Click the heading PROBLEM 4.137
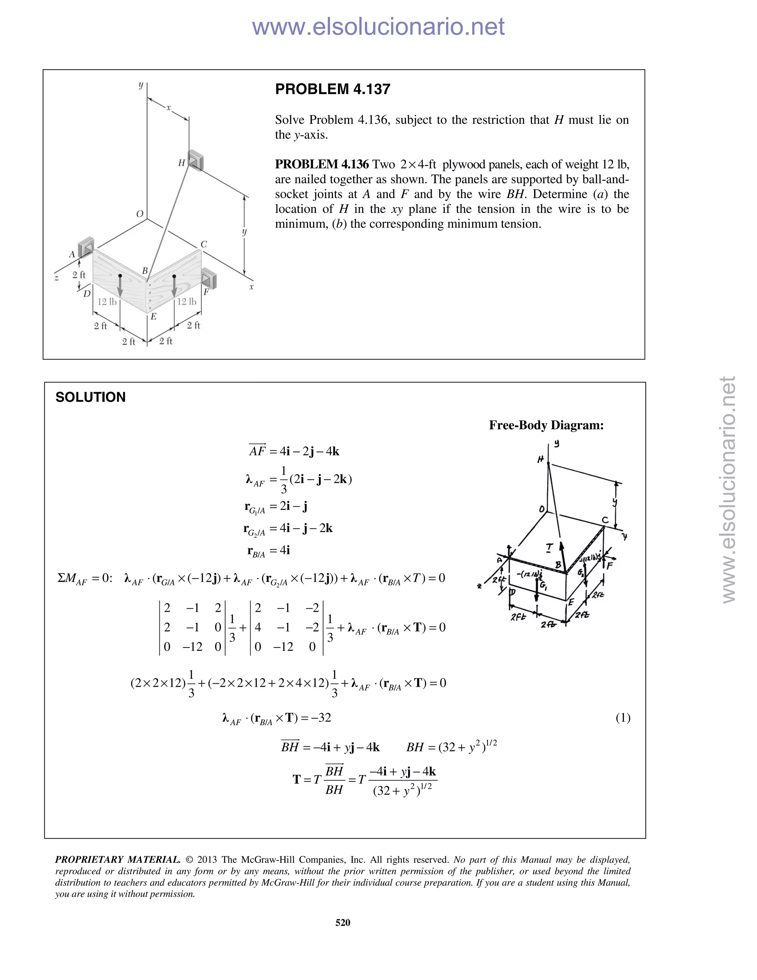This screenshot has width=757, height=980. (332, 89)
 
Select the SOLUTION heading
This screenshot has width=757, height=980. (90, 397)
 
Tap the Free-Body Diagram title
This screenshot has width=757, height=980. (546, 425)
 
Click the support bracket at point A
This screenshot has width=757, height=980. (86, 246)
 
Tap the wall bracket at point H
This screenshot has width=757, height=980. (196, 160)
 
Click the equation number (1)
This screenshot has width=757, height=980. (623, 717)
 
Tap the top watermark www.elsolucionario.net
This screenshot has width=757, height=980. (378, 27)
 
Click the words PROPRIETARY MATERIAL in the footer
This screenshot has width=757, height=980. (118, 860)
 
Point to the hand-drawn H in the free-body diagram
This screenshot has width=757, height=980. (541, 459)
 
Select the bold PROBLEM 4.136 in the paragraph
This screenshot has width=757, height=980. (322, 164)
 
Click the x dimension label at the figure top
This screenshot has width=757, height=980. (169, 108)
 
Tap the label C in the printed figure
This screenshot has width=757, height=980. (204, 244)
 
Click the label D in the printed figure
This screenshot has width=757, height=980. (86, 294)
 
